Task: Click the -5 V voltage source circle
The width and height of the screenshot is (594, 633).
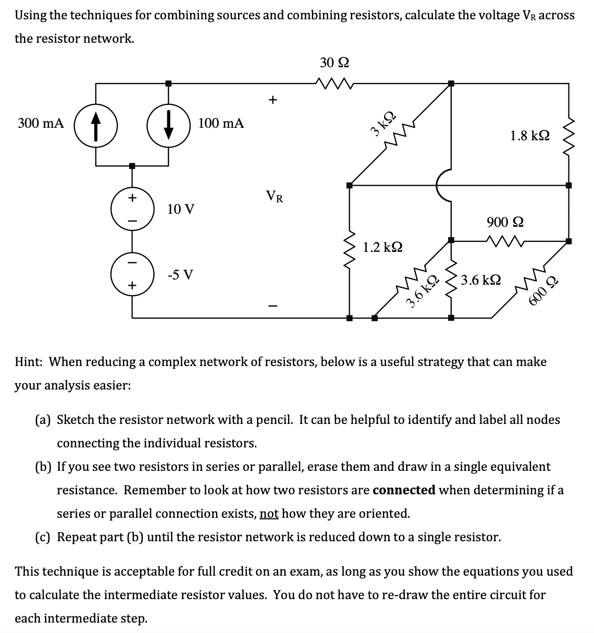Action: pos(132,274)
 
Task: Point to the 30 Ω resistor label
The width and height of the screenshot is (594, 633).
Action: pos(334,63)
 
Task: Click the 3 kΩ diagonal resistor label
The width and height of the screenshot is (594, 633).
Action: pos(382,123)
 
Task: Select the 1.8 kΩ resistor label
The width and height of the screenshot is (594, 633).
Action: pos(529,136)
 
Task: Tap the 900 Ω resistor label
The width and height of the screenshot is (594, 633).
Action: pos(505,222)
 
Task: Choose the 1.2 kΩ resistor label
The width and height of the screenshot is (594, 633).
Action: pos(382,247)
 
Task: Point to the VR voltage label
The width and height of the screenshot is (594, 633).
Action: pos(275,197)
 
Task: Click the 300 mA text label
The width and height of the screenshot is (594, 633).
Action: pos(41,124)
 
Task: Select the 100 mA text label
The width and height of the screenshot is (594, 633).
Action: pos(221,124)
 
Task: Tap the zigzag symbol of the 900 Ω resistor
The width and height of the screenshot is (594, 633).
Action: pos(505,240)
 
